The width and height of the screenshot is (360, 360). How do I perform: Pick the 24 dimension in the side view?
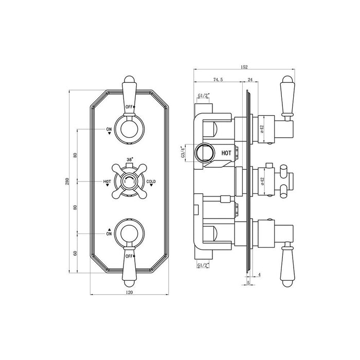click(249, 80)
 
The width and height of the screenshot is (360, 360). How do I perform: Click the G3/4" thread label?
click(183, 153)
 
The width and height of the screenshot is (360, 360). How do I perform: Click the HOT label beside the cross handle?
click(107, 182)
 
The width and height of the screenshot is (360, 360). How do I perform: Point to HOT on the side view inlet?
click(226, 153)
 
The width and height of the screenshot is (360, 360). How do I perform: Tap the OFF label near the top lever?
click(129, 106)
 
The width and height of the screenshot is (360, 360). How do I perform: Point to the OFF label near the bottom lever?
click(129, 256)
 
